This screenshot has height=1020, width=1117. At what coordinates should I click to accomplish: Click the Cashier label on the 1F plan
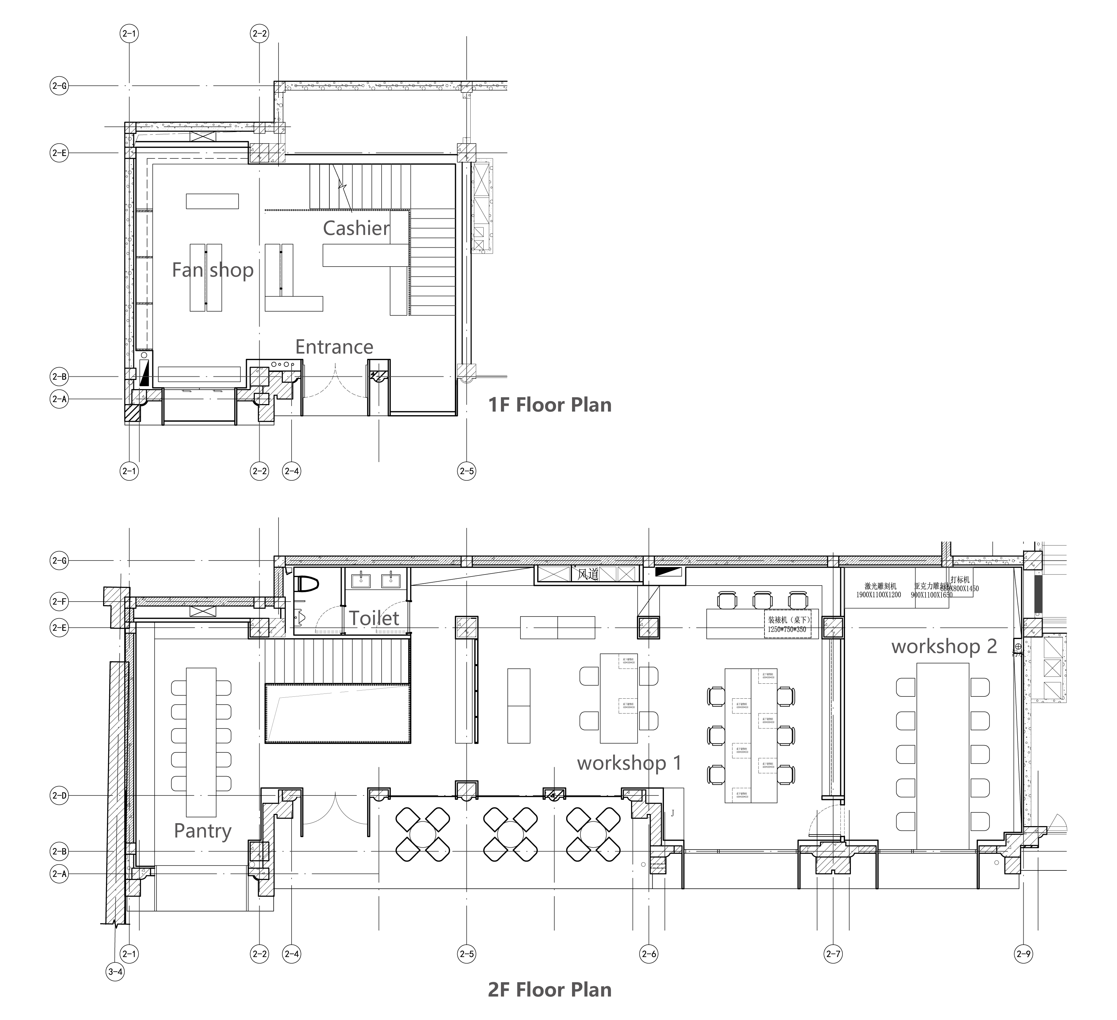pyautogui.click(x=356, y=228)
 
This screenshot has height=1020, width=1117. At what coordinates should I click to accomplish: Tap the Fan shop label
pyautogui.click(x=213, y=270)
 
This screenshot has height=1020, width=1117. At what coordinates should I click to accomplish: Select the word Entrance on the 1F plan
pyautogui.click(x=334, y=347)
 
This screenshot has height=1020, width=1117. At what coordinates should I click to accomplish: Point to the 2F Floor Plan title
pyautogui.click(x=550, y=990)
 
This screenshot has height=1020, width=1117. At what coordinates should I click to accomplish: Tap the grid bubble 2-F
pyautogui.click(x=59, y=601)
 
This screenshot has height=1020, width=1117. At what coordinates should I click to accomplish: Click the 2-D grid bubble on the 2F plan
pyautogui.click(x=59, y=796)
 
